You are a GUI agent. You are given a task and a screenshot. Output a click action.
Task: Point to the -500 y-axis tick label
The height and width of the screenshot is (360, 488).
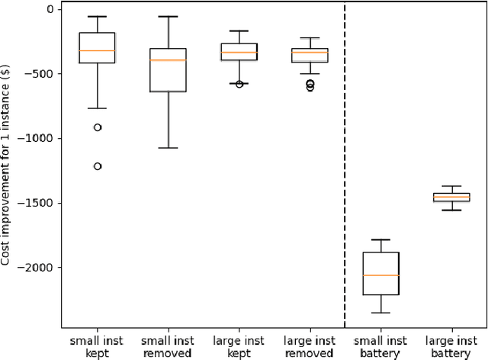(x=42, y=74)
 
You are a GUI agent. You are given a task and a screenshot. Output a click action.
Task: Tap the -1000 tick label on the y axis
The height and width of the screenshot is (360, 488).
(x=40, y=139)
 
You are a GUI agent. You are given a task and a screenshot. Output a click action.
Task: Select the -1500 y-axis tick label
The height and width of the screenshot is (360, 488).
(x=40, y=204)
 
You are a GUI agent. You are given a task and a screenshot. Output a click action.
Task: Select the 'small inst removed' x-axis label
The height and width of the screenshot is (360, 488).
(x=168, y=346)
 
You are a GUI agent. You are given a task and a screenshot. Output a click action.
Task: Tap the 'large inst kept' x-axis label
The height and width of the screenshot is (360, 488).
(x=239, y=346)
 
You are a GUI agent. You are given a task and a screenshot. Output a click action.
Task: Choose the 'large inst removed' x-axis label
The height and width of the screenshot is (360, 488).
(x=310, y=346)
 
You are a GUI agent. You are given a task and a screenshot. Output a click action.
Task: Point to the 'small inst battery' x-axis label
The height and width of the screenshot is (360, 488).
(x=380, y=346)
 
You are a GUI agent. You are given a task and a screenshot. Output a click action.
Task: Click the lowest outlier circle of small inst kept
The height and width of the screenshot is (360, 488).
(x=98, y=166)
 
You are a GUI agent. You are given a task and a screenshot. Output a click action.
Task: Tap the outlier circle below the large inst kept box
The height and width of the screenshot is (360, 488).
(x=239, y=84)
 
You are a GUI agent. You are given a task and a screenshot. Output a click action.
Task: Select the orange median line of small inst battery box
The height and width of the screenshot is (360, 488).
(x=380, y=275)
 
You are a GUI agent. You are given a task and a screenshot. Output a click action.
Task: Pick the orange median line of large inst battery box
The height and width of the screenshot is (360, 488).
(x=451, y=198)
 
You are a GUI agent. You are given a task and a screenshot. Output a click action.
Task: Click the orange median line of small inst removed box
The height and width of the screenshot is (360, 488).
(x=168, y=60)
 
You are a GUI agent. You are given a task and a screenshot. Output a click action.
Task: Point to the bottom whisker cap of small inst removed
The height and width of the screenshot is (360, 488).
(x=168, y=148)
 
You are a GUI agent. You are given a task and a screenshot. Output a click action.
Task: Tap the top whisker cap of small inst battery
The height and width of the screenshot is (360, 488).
(x=380, y=239)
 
